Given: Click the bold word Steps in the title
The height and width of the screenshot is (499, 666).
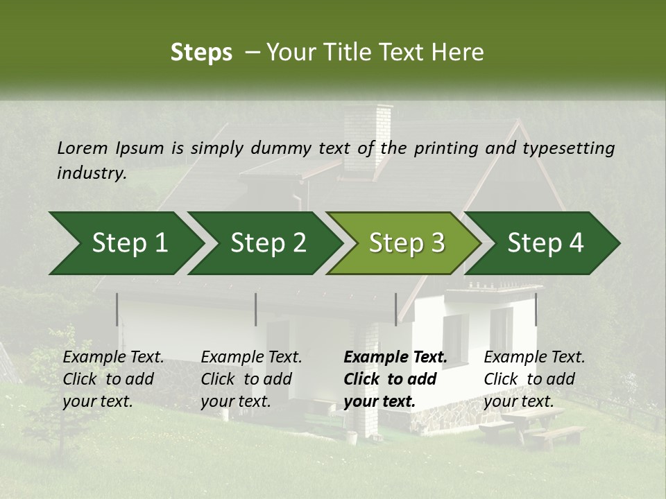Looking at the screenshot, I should [201, 53].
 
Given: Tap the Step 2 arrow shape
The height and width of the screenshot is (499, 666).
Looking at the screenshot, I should [268, 243].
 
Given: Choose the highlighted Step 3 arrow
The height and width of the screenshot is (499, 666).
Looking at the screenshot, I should [407, 243].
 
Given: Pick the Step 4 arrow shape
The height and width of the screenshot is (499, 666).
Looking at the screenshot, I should [545, 243].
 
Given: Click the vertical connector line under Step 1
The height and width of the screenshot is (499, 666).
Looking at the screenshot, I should [117, 309].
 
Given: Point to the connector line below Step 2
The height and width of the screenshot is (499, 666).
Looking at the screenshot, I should [256, 309].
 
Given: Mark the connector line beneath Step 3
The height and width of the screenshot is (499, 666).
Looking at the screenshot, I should [396, 309].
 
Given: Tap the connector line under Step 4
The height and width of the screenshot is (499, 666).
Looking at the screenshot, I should [536, 309].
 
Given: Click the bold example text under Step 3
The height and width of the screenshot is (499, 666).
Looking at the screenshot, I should [395, 379].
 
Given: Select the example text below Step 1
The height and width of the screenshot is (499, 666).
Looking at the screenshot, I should [113, 379].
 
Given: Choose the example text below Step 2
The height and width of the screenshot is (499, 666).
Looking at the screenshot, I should [251, 379].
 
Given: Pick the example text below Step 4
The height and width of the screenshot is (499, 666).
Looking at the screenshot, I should [534, 379].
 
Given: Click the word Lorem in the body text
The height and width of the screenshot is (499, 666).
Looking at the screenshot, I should [83, 148].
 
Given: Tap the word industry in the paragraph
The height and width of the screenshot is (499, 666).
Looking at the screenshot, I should [91, 173].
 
